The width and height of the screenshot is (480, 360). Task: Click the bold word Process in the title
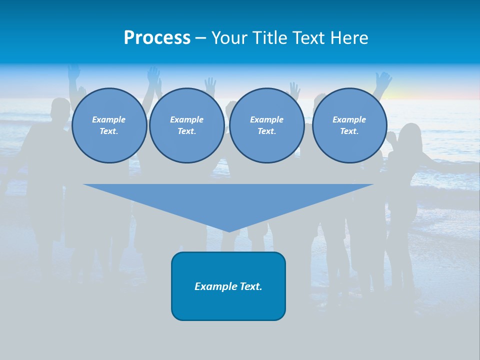point(157,38)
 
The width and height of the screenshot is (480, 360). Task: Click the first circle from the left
point(109,125)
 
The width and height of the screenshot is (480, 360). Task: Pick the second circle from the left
point(187,125)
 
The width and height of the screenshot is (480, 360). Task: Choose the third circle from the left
point(267,125)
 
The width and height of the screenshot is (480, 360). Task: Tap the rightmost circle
point(349,125)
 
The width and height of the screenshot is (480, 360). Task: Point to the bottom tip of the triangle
point(229,231)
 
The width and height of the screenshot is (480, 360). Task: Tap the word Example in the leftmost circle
point(109,119)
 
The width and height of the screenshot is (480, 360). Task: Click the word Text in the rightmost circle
point(349,131)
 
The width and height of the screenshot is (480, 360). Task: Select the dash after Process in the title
point(200,38)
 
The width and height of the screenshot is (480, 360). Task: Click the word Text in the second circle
point(186,131)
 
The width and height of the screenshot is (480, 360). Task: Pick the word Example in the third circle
point(267,119)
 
